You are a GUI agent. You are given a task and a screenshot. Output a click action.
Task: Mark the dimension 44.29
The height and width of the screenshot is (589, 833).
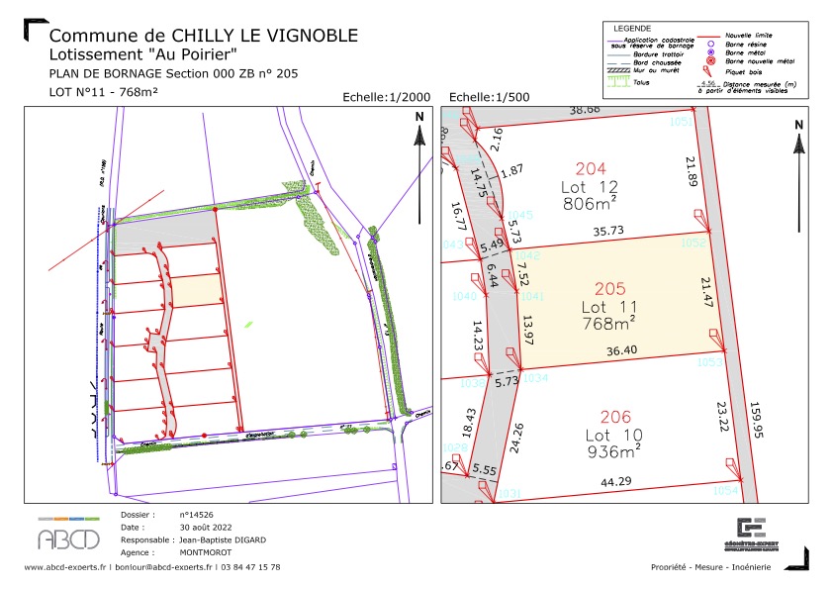point(616,482)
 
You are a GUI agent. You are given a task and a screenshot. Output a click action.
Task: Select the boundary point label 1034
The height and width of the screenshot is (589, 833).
point(535,378)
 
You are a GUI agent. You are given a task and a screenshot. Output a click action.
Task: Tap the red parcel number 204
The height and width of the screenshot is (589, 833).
point(590,168)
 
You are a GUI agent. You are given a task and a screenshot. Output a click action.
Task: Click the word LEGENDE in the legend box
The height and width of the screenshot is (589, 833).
point(633,28)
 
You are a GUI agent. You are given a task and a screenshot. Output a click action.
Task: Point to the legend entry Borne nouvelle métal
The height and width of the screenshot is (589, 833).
point(748,60)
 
